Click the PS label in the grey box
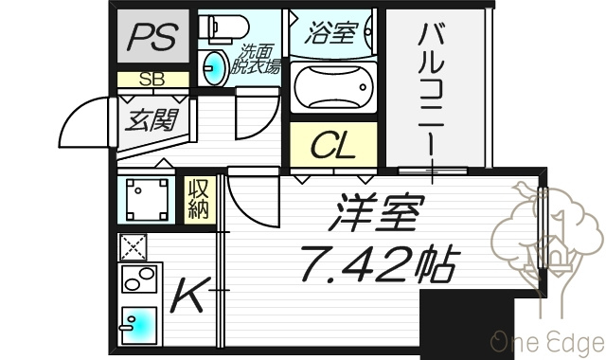click(x=152, y=37)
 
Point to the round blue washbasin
click(x=216, y=68)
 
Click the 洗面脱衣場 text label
click(x=256, y=59)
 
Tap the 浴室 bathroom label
click(x=330, y=32)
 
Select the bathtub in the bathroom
click(x=333, y=87)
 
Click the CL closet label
click(x=333, y=146)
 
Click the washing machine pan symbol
click(x=147, y=200)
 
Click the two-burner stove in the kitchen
click(x=139, y=279)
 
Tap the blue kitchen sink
click(x=139, y=326)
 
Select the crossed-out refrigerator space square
click(x=133, y=247)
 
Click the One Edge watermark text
click(x=548, y=343)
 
